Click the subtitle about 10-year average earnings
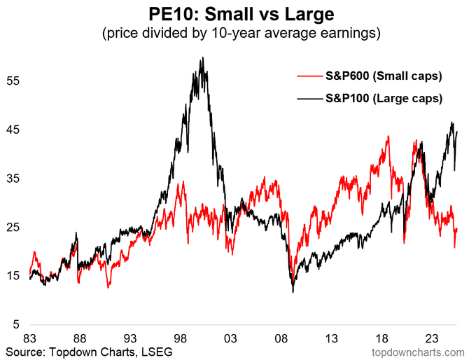(237, 32)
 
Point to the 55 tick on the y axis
(15, 81)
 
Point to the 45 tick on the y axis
(15, 130)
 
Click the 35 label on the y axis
(15, 179)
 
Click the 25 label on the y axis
(15, 228)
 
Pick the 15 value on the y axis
(15, 277)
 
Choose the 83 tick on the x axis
(29, 336)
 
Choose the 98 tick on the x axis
(181, 336)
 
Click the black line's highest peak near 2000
(202, 58)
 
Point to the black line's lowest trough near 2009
(293, 292)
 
